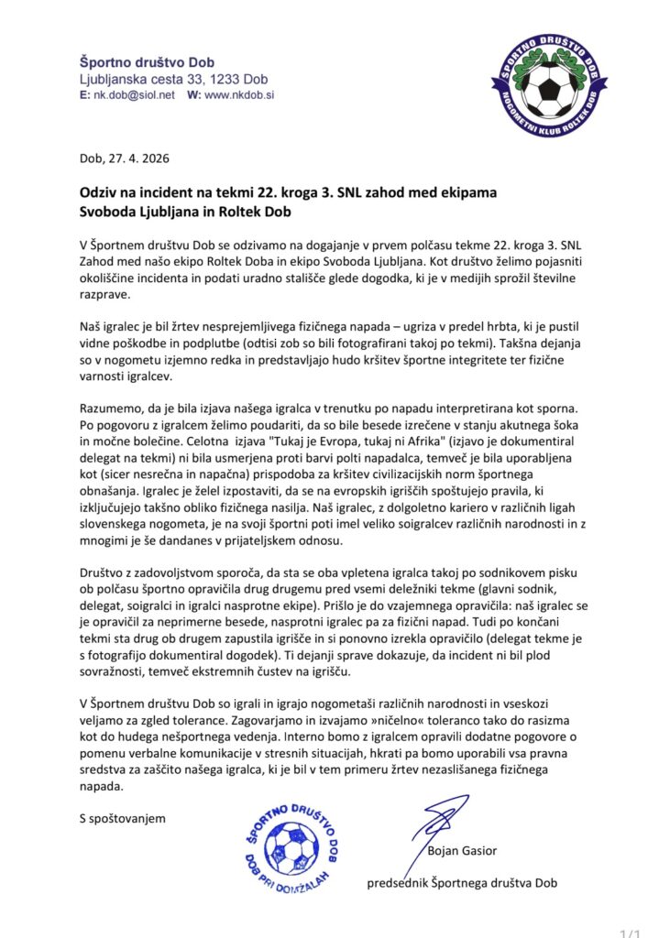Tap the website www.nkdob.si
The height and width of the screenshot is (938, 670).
tap(240, 95)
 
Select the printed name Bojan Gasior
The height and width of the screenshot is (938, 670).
tap(462, 851)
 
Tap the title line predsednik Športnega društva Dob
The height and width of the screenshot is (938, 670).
tap(462, 883)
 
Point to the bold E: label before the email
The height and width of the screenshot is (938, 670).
tap(84, 95)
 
